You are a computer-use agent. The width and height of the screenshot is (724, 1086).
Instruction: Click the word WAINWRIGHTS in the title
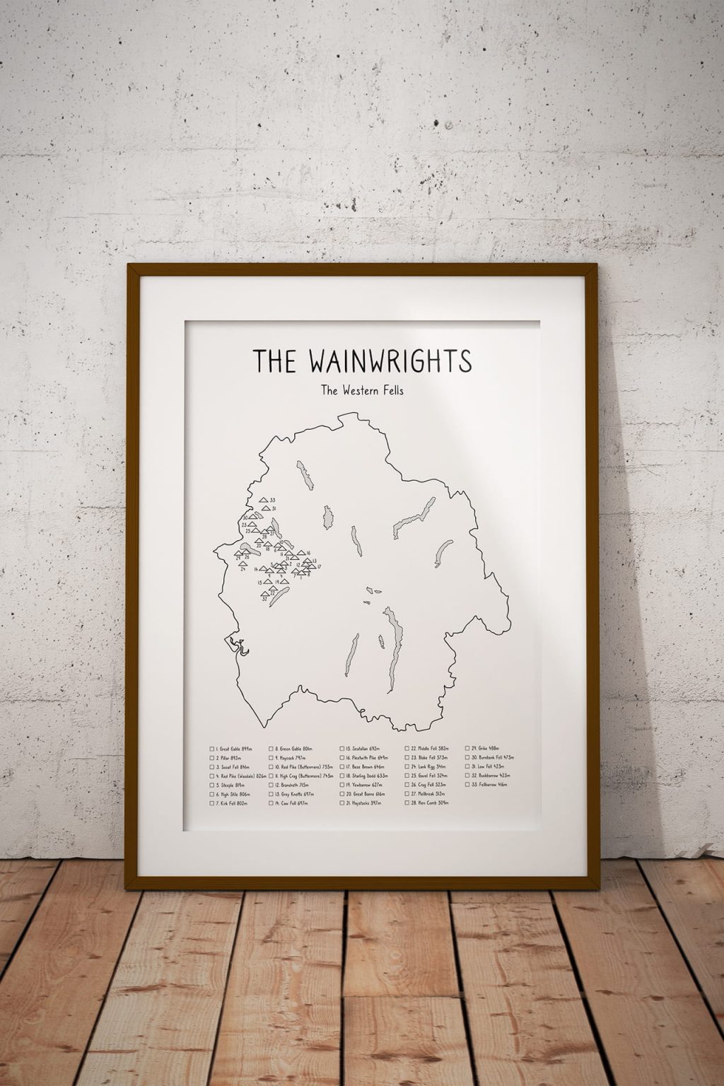tap(390, 361)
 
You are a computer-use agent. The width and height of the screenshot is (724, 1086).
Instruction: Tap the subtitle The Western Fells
tap(362, 390)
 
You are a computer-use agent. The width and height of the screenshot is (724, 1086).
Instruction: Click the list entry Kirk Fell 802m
tap(233, 803)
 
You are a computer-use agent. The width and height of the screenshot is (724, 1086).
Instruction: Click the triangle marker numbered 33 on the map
tap(264, 500)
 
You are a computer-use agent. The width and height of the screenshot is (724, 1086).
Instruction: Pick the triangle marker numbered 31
tap(265, 508)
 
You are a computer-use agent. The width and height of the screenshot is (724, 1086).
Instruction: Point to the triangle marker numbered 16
tap(300, 553)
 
